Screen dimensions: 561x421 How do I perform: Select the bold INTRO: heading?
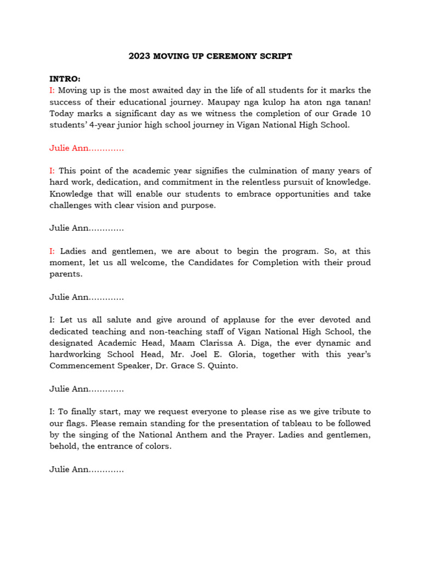[x=65, y=79]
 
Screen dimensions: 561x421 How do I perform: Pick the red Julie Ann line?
[x=86, y=148]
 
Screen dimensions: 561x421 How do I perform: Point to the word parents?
[x=66, y=274]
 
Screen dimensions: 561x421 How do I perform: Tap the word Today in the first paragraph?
[x=62, y=113]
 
